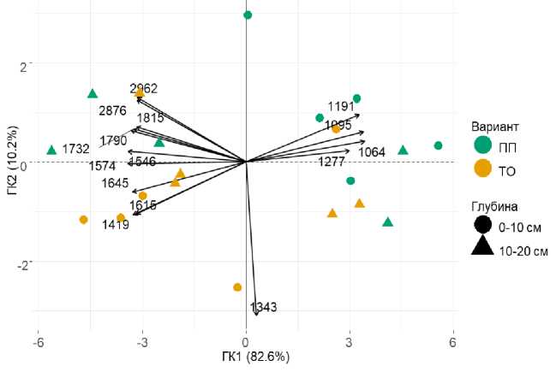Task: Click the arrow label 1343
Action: pyautogui.click(x=264, y=307)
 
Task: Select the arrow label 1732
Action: pyautogui.click(x=76, y=150)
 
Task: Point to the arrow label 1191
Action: pyautogui.click(x=340, y=107)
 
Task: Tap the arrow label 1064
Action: pyautogui.click(x=372, y=152)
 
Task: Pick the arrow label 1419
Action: pyautogui.click(x=116, y=226)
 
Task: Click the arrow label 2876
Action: pyautogui.click(x=113, y=111)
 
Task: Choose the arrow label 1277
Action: pyautogui.click(x=332, y=161)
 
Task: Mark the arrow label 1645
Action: pyautogui.click(x=115, y=183)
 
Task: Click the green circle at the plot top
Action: pyautogui.click(x=248, y=15)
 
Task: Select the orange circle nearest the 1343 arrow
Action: pyautogui.click(x=237, y=287)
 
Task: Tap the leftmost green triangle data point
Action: pyautogui.click(x=51, y=150)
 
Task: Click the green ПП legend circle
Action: pyautogui.click(x=483, y=146)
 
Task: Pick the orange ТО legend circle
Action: pyautogui.click(x=483, y=169)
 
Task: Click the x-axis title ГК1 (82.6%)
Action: pyautogui.click(x=246, y=356)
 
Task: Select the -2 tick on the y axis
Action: pyautogui.click(x=22, y=263)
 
